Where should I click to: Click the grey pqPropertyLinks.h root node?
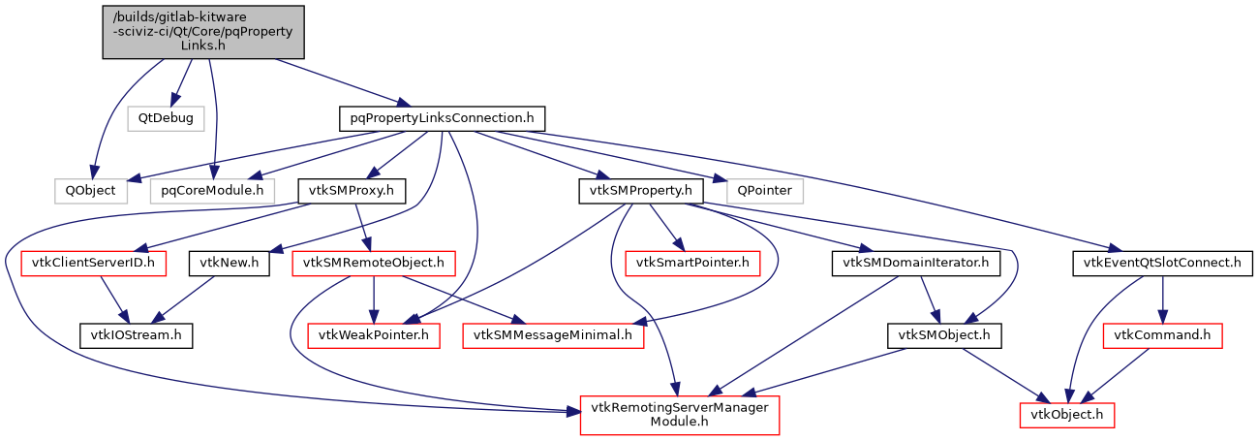pyautogui.click(x=203, y=32)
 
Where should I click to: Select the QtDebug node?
pyautogui.click(x=165, y=118)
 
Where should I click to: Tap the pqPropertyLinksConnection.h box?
pyautogui.click(x=442, y=118)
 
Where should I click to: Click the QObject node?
pyautogui.click(x=90, y=190)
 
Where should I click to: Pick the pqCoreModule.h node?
pyautogui.click(x=212, y=190)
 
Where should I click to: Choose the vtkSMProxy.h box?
pyautogui.click(x=351, y=190)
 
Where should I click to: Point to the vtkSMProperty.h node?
pyautogui.click(x=640, y=190)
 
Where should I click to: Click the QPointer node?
pyautogui.click(x=758, y=190)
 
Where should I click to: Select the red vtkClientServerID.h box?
pyautogui.click(x=87, y=262)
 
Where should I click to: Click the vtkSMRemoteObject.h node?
pyautogui.click(x=374, y=262)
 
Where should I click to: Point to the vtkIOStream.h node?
pyautogui.click(x=136, y=334)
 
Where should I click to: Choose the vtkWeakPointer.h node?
pyautogui.click(x=374, y=334)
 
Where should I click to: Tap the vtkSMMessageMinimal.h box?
pyautogui.click(x=554, y=334)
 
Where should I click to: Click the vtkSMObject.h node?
pyautogui.click(x=944, y=334)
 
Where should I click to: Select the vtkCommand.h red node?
pyautogui.click(x=1162, y=334)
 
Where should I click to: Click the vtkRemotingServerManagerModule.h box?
pyautogui.click(x=678, y=414)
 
